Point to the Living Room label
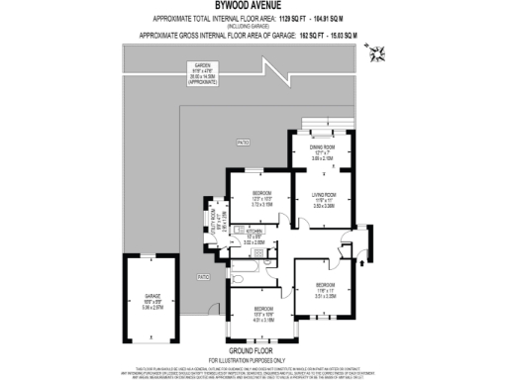[325, 199]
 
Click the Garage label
[152, 300]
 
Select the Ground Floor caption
[253, 349]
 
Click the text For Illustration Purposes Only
[253, 357]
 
